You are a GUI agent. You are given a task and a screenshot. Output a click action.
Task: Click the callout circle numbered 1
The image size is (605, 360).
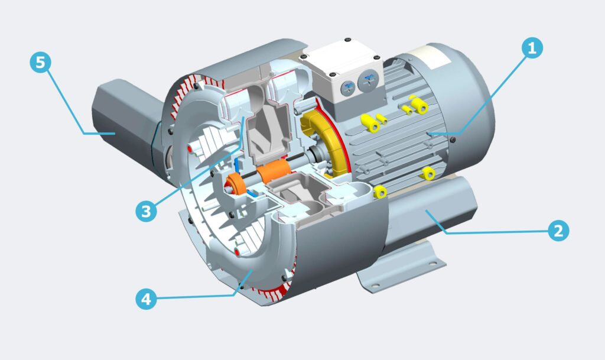point(532,48)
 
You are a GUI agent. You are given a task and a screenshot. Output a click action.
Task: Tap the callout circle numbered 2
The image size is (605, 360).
point(558,231)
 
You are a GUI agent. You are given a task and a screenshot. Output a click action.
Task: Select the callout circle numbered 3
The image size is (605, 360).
point(147,211)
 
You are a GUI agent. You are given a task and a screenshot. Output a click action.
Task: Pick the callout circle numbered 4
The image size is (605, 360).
point(147,299)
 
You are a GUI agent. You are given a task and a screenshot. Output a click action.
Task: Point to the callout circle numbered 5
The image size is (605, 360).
point(41,63)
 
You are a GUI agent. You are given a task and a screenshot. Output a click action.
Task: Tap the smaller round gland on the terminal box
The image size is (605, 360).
point(347,88)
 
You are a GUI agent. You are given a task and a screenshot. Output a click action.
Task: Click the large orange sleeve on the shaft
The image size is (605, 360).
point(274,170)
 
